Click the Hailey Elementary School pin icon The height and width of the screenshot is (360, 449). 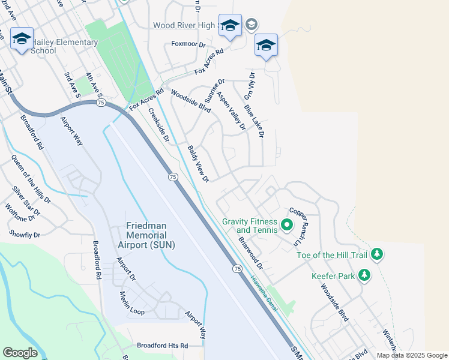pyautogui.click(x=22, y=40)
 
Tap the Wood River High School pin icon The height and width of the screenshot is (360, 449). pyautogui.click(x=230, y=26)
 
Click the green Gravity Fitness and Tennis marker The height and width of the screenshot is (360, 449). pyautogui.click(x=287, y=226)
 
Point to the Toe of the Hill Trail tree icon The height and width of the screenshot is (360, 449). pyautogui.click(x=377, y=254)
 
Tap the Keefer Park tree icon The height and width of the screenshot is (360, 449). pyautogui.click(x=364, y=275)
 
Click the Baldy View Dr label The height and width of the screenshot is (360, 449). pyautogui.click(x=197, y=164)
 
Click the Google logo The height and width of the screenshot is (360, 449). pyautogui.click(x=20, y=353)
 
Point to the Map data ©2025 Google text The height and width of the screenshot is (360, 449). pyautogui.click(x=411, y=355)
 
